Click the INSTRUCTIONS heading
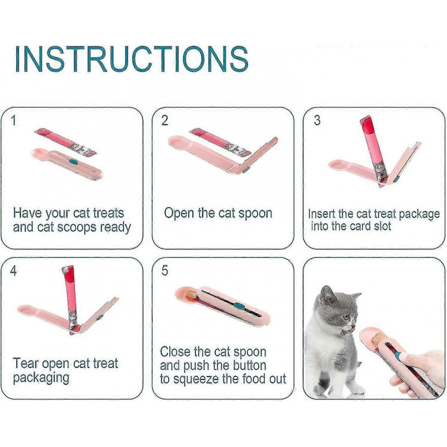(x=132, y=59)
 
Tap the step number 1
(x=14, y=121)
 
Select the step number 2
(x=165, y=121)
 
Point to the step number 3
(x=317, y=121)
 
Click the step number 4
(x=14, y=271)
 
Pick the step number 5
(x=165, y=271)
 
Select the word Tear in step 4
(x=25, y=364)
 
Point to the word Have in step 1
(x=27, y=213)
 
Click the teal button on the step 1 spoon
(x=73, y=163)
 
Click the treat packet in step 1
(x=67, y=142)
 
